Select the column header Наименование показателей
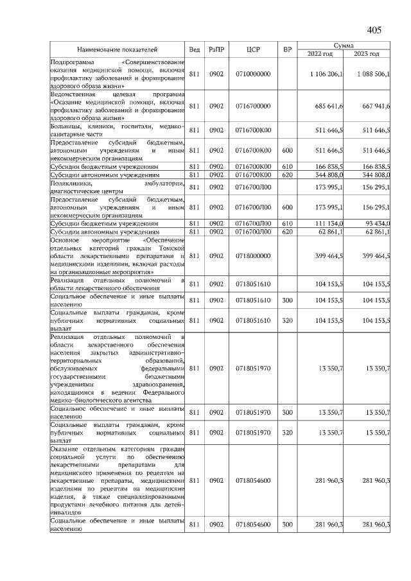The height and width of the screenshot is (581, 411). click(x=118, y=49)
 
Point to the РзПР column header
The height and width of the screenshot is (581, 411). click(x=216, y=49)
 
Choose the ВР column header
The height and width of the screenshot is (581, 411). click(x=287, y=49)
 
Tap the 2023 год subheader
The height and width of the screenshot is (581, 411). click(x=367, y=54)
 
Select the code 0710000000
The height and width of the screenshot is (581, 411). click(x=253, y=74)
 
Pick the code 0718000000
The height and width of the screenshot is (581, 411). click(x=253, y=256)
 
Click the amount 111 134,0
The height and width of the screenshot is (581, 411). click(x=329, y=223)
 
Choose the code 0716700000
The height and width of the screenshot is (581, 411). click(x=253, y=106)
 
